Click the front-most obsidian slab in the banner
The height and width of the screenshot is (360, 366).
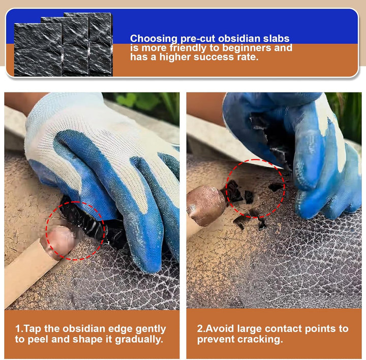[38, 50]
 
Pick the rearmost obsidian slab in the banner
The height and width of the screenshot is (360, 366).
[100, 44]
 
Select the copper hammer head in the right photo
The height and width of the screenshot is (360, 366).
[206, 206]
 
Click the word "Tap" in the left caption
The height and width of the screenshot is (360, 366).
[33, 329]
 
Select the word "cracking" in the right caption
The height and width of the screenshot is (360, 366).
[261, 340]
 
